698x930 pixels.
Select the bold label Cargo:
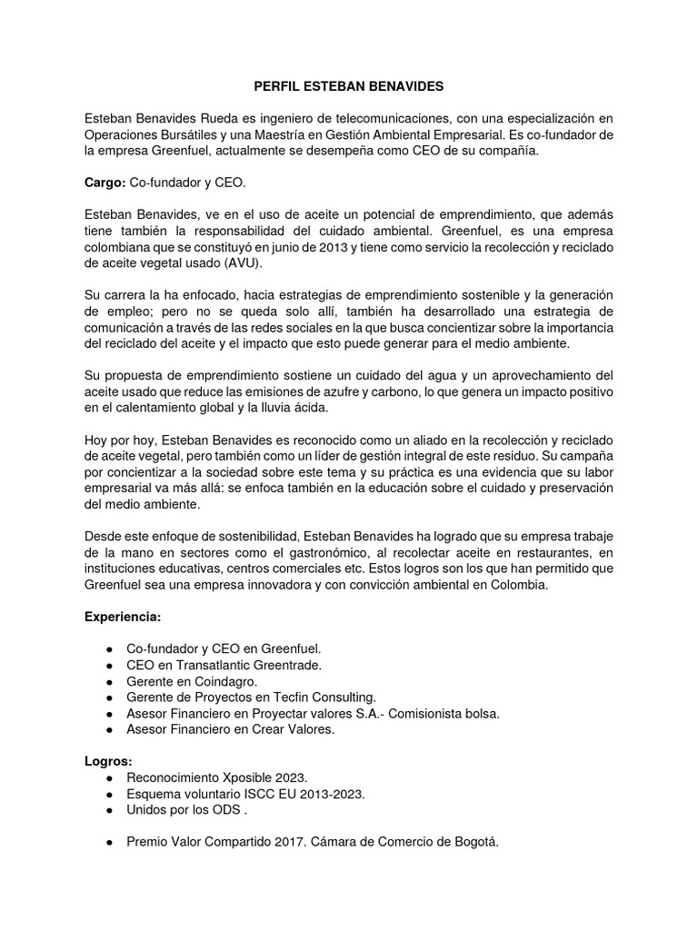pyautogui.click(x=105, y=183)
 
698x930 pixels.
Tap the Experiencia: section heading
pyautogui.click(x=123, y=617)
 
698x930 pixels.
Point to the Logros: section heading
pyautogui.click(x=108, y=761)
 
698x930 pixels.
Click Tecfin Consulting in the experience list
pyautogui.click(x=324, y=697)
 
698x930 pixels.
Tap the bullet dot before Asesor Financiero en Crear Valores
pyautogui.click(x=109, y=729)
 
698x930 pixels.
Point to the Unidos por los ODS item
pyautogui.click(x=188, y=809)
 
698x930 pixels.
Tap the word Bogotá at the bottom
pyautogui.click(x=474, y=842)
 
